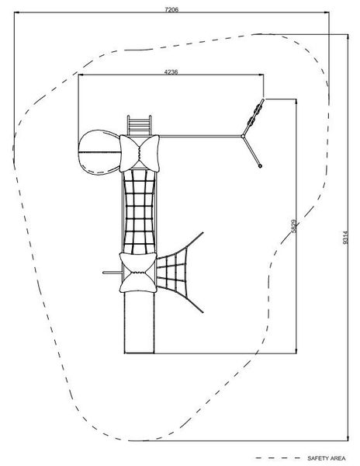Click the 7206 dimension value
point(171,9)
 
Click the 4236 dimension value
point(171,72)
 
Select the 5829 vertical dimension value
point(294,226)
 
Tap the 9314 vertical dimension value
point(344,238)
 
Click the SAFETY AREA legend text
point(327,458)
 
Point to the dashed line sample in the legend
point(278,458)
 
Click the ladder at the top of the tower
point(139,125)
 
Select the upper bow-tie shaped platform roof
point(139,153)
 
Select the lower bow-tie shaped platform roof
point(137,273)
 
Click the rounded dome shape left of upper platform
point(100,152)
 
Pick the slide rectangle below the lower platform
point(139,323)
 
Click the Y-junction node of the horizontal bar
point(243,137)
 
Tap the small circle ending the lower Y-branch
point(260,166)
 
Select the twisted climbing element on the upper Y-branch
point(255,114)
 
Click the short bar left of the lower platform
point(112,273)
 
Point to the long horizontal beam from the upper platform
point(200,137)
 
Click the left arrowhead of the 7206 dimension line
point(16,12)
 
